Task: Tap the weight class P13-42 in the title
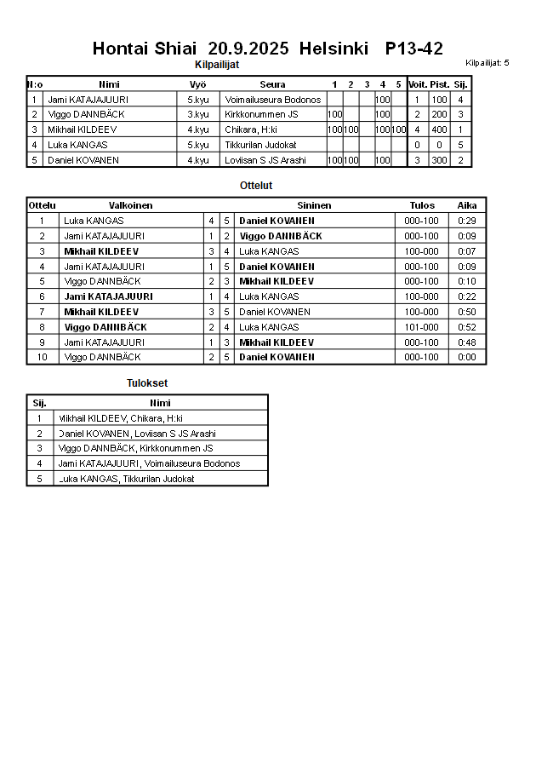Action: coord(413,49)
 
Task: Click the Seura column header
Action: coord(272,84)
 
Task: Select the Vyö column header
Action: coord(197,84)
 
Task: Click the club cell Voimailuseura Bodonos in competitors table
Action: coord(272,100)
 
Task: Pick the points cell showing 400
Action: coord(439,129)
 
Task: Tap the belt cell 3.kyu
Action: coord(197,114)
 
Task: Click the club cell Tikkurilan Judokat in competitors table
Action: coord(261,145)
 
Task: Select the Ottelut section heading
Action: coord(256,185)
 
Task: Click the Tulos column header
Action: coord(421,205)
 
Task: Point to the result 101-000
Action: coord(421,327)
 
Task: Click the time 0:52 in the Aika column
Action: coord(466,327)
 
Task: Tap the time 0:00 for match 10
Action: coord(466,357)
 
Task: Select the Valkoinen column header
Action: coord(130,205)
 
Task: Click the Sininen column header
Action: coord(314,205)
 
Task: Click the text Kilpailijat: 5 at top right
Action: coord(488,63)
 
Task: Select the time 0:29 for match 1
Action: coord(466,221)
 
